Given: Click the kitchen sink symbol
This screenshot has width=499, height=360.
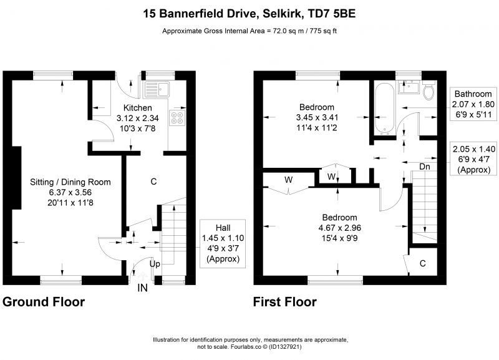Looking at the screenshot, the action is tap(157, 89).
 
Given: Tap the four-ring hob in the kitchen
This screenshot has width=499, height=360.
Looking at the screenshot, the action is tap(178, 117).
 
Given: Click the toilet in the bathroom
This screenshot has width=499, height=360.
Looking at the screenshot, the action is tap(429, 90).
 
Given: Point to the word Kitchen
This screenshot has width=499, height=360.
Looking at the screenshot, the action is tap(137, 108).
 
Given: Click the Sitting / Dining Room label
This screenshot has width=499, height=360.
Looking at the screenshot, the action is tap(70, 182).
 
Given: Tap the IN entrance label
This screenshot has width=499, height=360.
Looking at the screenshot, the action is tap(142, 288).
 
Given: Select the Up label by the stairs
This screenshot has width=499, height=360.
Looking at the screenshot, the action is tap(155, 264).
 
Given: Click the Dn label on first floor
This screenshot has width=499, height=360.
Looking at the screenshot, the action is tap(425, 167).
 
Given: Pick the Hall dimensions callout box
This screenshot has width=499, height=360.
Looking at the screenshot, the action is tap(223, 243).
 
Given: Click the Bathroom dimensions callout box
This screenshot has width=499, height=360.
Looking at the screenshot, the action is tap(473, 104).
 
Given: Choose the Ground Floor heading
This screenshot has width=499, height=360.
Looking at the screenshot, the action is tap(44, 302).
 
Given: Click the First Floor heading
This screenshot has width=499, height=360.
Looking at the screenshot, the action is tap(285, 302).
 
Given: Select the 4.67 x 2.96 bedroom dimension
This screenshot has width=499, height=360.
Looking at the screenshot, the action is tap(339, 228).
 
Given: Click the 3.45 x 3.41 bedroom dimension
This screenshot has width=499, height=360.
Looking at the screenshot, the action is tap(317, 117).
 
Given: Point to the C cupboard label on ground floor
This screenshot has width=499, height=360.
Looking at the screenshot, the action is tap(153, 182).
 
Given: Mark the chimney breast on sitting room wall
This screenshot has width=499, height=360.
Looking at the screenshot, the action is tap(17, 178).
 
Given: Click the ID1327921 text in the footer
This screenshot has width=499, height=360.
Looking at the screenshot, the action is tap(285, 347).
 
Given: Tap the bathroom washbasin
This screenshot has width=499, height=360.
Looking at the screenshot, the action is tap(410, 87).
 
